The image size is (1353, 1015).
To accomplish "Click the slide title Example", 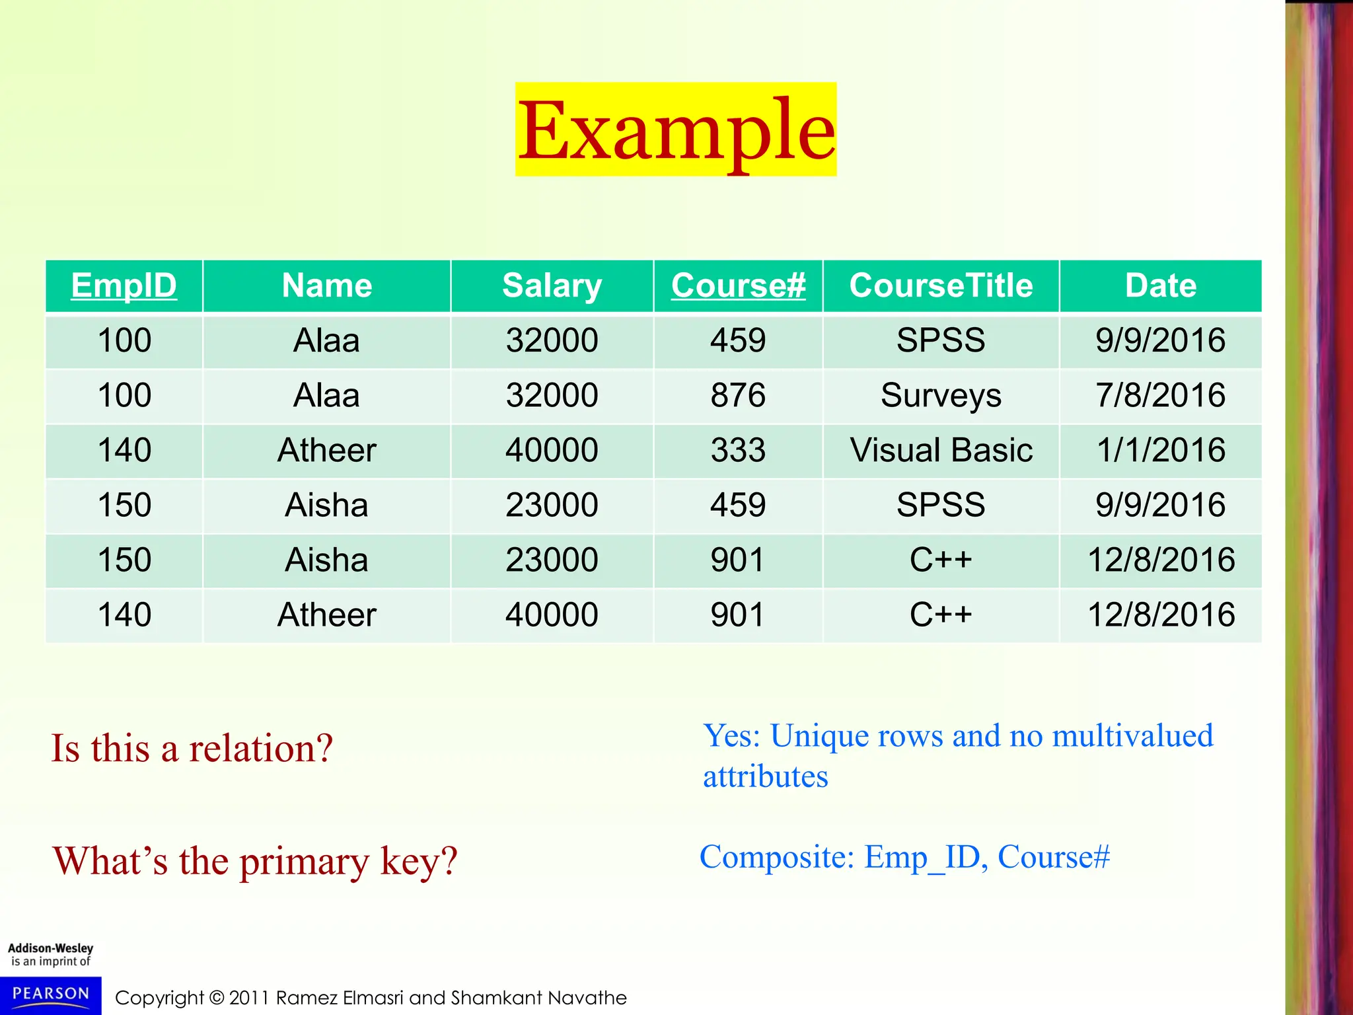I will [676, 130].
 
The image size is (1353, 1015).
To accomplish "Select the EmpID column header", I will [124, 285].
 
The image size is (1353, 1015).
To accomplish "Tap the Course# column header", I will [738, 285].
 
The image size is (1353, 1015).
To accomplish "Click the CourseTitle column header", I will [941, 285].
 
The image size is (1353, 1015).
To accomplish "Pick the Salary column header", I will [552, 285].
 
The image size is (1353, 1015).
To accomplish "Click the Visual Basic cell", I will [941, 450].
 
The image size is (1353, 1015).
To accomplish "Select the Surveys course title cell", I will [941, 395].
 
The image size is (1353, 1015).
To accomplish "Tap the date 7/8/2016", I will [1160, 395].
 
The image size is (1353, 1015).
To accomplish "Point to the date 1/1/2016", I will [1160, 450].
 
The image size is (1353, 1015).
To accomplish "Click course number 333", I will [738, 450].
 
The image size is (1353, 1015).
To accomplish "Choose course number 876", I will [738, 395].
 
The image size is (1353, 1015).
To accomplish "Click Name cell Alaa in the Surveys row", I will [326, 395].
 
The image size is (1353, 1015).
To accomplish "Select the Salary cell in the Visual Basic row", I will [552, 450].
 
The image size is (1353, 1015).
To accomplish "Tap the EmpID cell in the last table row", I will [124, 615].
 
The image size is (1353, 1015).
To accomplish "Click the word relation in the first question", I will [260, 749].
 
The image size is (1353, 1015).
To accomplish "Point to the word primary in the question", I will [304, 862].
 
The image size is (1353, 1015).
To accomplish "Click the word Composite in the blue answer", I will [777, 857].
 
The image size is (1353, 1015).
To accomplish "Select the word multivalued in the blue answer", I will [1132, 736].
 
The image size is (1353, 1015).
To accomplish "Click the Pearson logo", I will [51, 995].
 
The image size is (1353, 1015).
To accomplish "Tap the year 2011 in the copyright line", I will [249, 998].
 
